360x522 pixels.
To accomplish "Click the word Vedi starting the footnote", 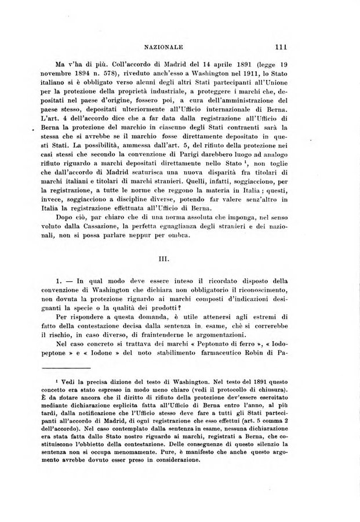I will pos(78,379).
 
